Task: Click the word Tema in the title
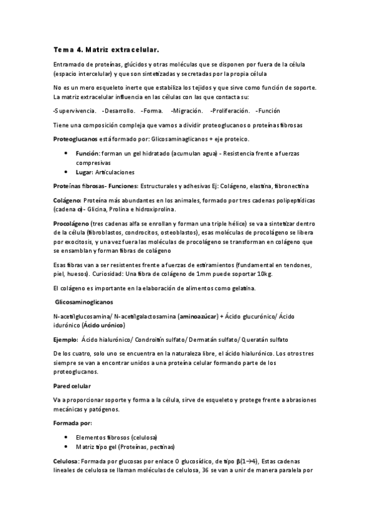(x=62, y=49)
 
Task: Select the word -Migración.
(x=186, y=111)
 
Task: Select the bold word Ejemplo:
(x=66, y=340)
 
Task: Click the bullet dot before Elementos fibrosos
(x=67, y=436)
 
